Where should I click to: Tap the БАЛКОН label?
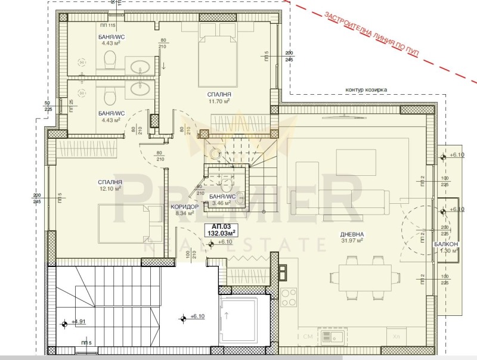coord(445,244)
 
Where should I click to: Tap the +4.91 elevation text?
coord(79,322)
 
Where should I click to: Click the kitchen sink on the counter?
coord(329,337)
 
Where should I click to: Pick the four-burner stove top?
coord(289,296)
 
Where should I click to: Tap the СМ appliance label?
coord(308,337)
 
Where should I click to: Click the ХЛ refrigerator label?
coord(396,337)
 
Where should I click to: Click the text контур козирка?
coord(366,89)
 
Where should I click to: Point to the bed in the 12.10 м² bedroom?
coord(122,223)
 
